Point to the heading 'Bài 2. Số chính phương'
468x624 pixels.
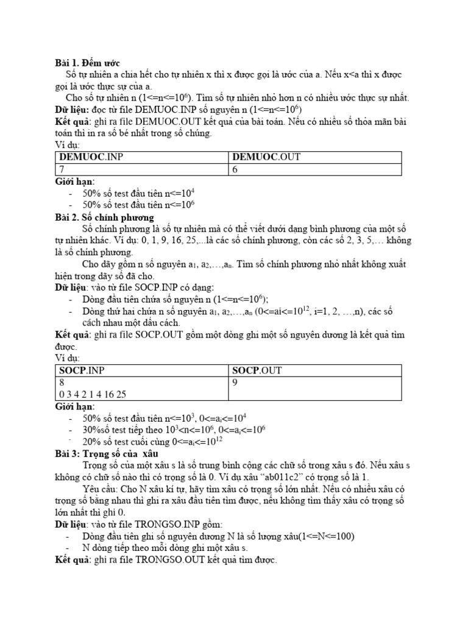click(x=104, y=217)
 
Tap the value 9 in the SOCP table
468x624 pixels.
click(x=235, y=383)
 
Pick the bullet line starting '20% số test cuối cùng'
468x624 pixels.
click(x=166, y=442)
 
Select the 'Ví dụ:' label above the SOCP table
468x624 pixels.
click(x=68, y=358)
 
